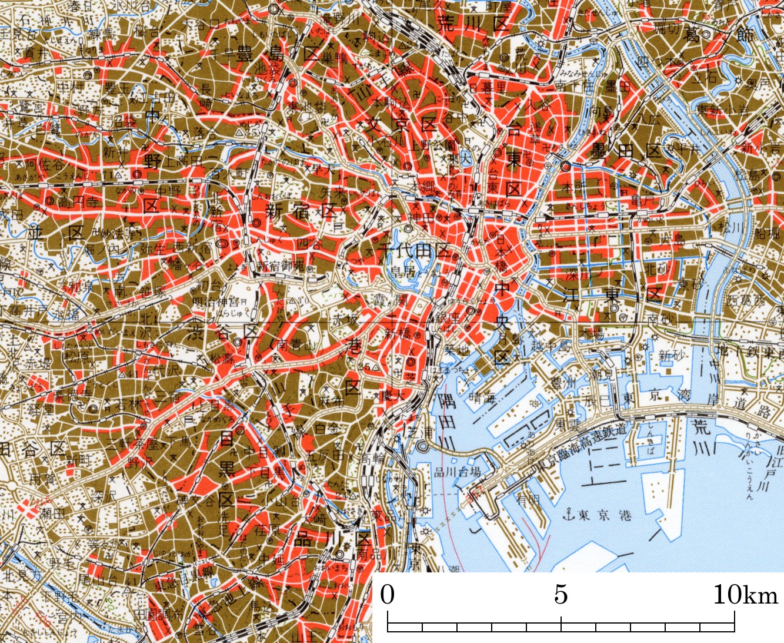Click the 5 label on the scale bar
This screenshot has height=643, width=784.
click(561, 595)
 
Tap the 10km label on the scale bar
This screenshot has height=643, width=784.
click(745, 595)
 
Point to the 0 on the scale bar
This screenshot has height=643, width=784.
click(387, 595)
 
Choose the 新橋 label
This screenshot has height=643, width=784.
click(400, 333)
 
